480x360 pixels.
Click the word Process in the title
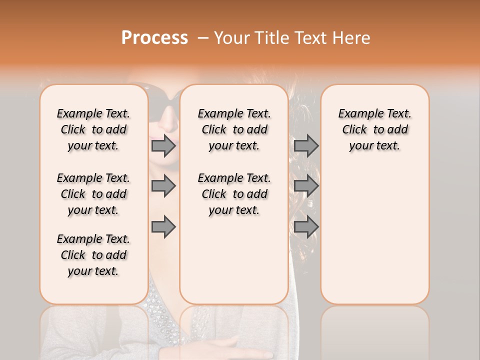pos(154,38)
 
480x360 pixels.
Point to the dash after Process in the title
pos(203,38)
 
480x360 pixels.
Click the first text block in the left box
pos(93,129)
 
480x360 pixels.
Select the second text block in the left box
pos(93,194)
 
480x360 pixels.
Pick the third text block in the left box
pos(93,255)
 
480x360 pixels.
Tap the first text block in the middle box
pos(234,129)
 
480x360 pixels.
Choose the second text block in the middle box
pos(234,194)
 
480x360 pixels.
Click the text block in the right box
pos(374,129)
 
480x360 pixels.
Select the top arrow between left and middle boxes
pos(163,146)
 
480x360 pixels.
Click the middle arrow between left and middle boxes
pos(163,186)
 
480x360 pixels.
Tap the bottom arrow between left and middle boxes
pos(163,227)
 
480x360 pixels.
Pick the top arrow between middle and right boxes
pos(306,146)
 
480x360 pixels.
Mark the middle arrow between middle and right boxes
pos(306,186)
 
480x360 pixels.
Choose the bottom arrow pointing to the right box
pos(306,227)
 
